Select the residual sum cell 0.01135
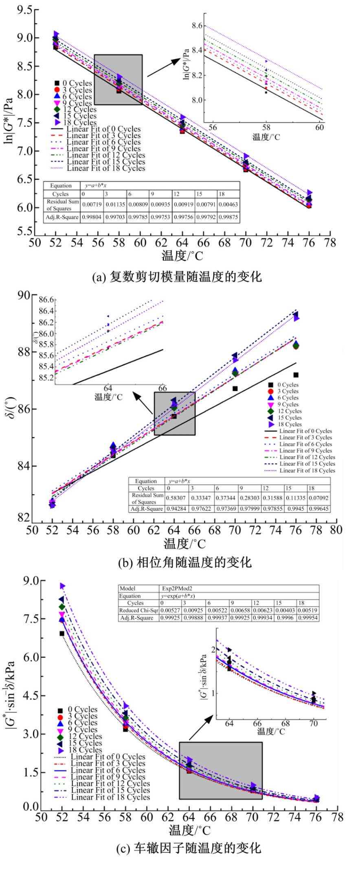click(114, 204)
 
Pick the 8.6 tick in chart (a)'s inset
click(197, 26)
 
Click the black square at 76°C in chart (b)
click(296, 375)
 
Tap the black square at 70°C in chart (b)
click(235, 388)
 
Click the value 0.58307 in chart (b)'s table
click(176, 498)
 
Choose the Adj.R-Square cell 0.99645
click(318, 509)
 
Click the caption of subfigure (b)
click(185, 562)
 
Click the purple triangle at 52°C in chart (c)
click(62, 586)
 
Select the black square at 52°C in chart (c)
click(62, 633)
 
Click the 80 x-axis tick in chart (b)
click(336, 530)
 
